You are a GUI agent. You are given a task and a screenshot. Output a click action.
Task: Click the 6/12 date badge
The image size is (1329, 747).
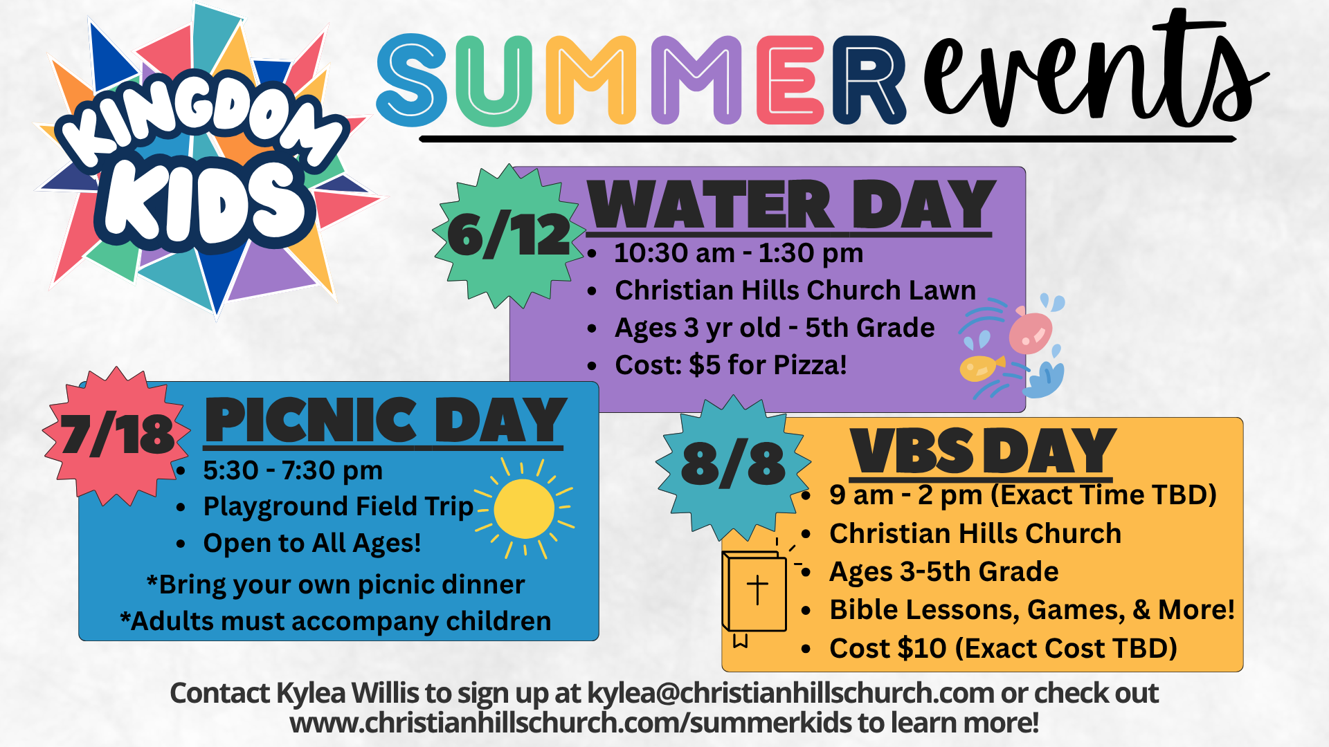tap(509, 235)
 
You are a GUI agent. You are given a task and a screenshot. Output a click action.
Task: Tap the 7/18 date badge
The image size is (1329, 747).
tap(116, 436)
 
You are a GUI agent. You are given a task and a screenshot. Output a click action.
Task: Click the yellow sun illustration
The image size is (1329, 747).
tap(524, 508)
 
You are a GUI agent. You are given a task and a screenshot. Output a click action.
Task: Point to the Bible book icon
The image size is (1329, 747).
tap(754, 593)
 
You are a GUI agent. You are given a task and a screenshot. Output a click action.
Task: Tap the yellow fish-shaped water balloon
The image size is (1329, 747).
tap(982, 368)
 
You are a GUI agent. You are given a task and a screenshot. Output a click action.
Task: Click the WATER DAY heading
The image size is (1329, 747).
tap(790, 205)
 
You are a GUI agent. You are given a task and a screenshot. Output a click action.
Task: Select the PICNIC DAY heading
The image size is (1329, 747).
tap(385, 420)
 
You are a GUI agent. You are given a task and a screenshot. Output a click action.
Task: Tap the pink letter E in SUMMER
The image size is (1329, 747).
tap(790, 80)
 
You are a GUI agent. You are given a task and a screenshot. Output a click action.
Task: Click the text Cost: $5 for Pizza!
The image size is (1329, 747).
tap(731, 365)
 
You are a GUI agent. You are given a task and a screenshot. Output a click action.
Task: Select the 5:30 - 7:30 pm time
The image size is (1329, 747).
tap(292, 470)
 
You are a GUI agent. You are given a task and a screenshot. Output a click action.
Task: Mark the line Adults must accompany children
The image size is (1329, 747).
tap(335, 621)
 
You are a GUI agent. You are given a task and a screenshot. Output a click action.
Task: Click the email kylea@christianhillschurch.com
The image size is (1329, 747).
tap(790, 693)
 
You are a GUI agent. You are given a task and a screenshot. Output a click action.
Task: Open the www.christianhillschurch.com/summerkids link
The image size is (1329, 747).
tap(570, 723)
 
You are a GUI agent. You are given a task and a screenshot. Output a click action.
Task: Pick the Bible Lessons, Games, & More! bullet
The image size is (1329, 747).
tap(1031, 610)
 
